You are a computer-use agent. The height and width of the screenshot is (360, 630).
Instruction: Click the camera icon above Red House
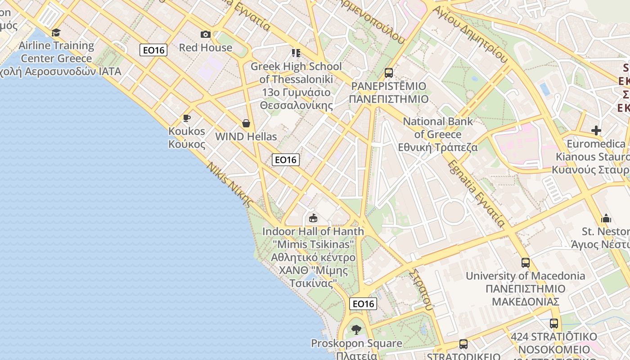click(206, 35)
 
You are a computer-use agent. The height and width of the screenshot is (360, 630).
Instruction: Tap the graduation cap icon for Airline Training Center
click(56, 32)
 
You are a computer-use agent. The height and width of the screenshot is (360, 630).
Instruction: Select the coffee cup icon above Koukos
click(186, 118)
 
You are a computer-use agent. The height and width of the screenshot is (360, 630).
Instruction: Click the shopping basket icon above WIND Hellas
click(246, 123)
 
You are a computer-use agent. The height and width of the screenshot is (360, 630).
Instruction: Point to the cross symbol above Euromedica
click(596, 130)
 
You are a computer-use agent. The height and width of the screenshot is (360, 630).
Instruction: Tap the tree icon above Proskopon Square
click(356, 330)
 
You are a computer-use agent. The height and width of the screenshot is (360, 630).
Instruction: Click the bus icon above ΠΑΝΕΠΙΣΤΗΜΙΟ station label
click(389, 72)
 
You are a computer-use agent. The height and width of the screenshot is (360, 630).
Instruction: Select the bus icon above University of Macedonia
click(525, 263)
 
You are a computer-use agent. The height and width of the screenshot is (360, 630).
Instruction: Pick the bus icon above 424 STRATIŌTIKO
click(554, 324)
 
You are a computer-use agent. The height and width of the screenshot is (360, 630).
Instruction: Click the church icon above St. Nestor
click(606, 219)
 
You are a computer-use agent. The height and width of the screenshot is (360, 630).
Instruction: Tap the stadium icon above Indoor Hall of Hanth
click(313, 218)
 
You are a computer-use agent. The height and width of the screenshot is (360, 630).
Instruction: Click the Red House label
click(206, 48)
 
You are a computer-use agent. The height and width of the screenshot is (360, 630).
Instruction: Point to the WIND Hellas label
click(246, 136)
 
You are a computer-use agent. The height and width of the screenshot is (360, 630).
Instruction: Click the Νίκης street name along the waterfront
click(230, 184)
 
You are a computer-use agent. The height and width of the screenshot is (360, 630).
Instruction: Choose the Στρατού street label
click(422, 290)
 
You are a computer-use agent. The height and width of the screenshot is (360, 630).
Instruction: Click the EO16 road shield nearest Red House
click(154, 50)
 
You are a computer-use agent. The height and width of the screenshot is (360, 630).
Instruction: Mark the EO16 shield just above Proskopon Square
click(363, 304)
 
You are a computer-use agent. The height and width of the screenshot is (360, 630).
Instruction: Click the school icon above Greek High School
click(296, 53)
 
